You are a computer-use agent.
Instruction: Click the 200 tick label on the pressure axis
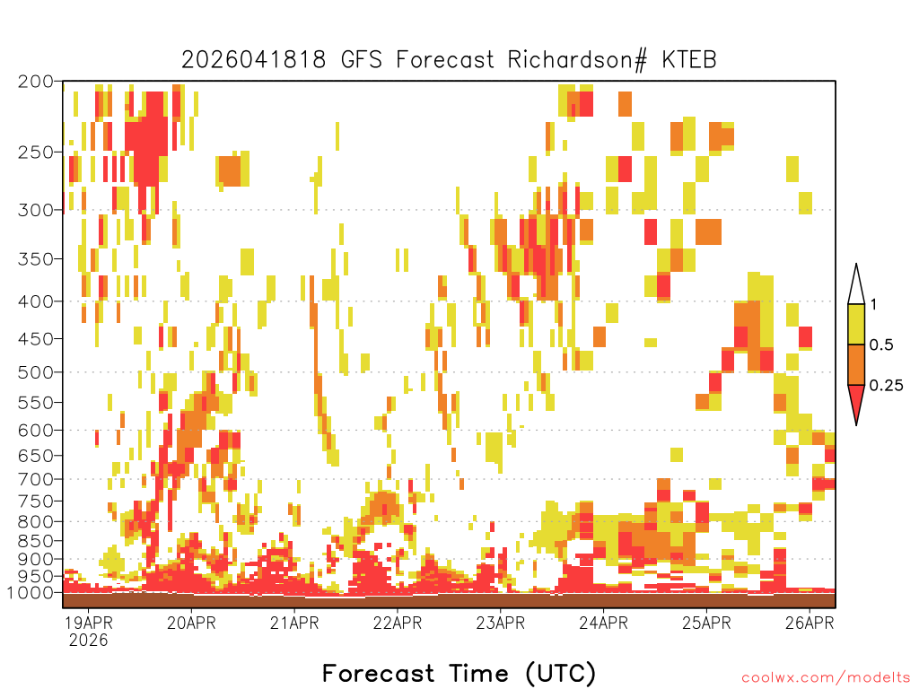tap(35, 82)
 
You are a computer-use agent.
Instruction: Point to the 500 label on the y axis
tap(35, 372)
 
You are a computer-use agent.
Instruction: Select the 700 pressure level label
tap(35, 479)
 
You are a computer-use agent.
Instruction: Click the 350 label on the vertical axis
tap(35, 259)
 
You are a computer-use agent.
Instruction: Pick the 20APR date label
tap(191, 623)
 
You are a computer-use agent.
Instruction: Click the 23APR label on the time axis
tap(501, 623)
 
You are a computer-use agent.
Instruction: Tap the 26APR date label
tap(810, 623)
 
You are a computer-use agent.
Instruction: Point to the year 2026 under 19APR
tap(89, 640)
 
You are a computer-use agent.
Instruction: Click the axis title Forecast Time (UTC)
tap(459, 673)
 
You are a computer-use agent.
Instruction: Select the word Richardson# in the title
tap(577, 60)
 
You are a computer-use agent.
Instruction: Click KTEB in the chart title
tap(689, 60)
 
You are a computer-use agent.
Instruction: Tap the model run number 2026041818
tap(253, 60)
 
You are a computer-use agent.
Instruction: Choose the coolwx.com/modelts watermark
tap(826, 677)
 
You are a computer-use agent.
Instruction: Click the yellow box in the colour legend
tap(856, 324)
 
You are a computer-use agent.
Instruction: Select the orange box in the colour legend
tap(856, 364)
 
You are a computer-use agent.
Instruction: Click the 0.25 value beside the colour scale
tap(886, 386)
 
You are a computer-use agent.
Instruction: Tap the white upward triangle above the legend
tap(856, 285)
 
